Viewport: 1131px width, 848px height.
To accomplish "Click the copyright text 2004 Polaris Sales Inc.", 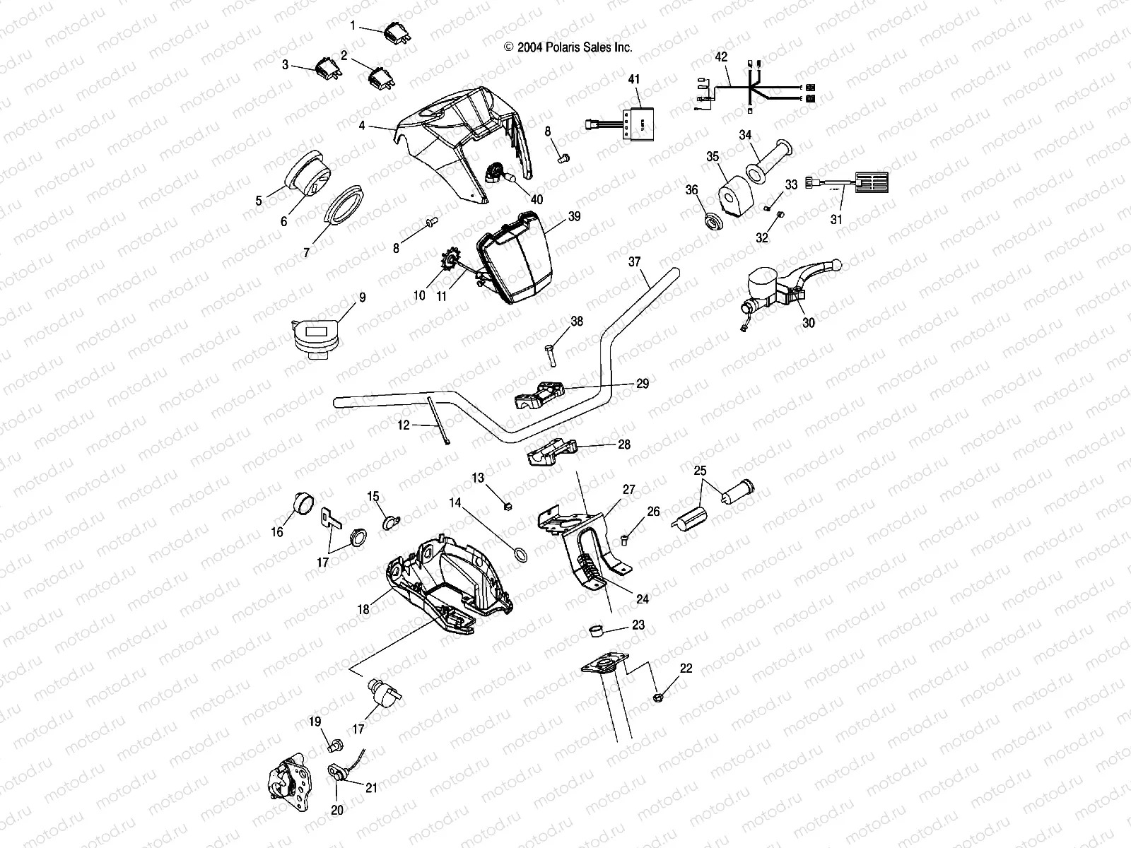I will (x=568, y=47).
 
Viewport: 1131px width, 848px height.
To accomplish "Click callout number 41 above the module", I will (x=634, y=81).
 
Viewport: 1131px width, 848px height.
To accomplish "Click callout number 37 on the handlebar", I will (x=634, y=261).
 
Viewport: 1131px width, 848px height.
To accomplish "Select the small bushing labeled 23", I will (x=595, y=630).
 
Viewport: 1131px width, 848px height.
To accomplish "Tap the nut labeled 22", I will (x=658, y=697).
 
